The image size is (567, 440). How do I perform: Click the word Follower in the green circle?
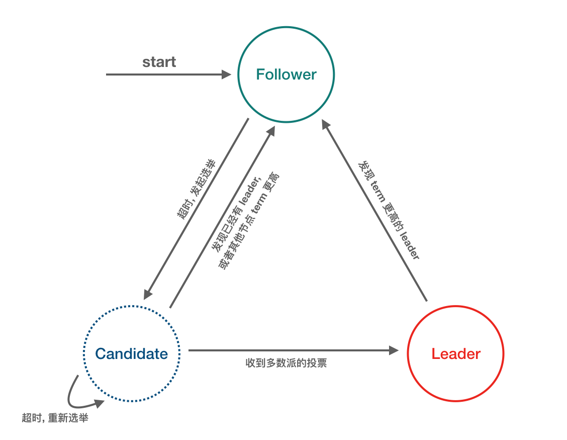[286, 75]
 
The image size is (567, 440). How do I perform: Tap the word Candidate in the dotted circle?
[131, 353]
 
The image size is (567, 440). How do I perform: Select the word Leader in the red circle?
[455, 353]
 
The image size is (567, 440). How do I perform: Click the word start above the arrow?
[159, 62]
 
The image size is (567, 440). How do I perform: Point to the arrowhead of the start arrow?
[227, 75]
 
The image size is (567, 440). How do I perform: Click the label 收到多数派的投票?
[286, 363]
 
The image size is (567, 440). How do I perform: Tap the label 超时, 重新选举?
[55, 418]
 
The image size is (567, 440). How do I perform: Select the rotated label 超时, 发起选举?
[196, 189]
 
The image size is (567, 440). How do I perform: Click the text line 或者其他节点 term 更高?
[248, 222]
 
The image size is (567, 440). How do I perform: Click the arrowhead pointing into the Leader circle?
[394, 350]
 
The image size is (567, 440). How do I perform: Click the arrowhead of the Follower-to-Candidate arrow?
[147, 294]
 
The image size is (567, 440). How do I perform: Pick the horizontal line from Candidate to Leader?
[287, 350]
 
